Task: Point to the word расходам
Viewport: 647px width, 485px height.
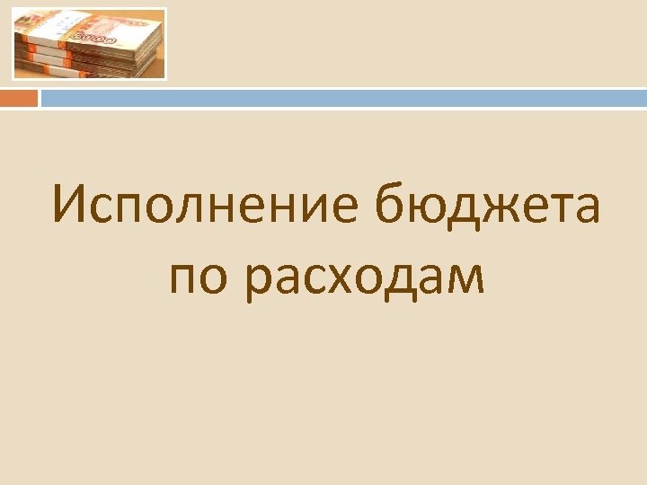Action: [x=366, y=279]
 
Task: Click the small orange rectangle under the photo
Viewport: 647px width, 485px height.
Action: [x=19, y=98]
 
